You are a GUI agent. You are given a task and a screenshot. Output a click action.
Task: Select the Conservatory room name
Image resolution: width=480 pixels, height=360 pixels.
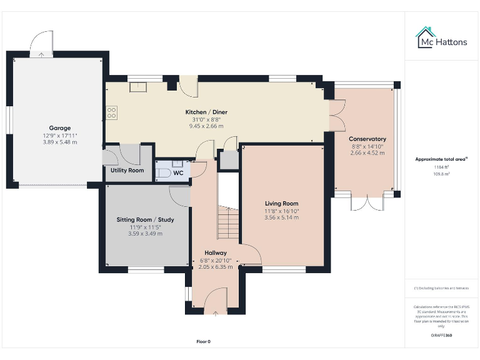(x=367, y=139)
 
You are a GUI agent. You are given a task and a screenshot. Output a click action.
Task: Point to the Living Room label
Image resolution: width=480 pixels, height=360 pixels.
(x=281, y=203)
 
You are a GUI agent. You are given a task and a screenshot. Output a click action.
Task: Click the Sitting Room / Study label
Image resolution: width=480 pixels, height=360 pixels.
(x=145, y=220)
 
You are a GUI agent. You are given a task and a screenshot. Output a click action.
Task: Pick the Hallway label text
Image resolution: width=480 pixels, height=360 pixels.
(x=215, y=253)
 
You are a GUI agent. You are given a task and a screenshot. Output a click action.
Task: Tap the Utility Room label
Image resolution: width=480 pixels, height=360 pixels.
(x=127, y=170)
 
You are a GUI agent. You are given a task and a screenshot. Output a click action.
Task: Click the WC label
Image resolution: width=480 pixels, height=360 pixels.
(x=178, y=172)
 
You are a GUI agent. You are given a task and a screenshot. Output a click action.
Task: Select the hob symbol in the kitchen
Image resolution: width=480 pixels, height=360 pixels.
(x=112, y=112)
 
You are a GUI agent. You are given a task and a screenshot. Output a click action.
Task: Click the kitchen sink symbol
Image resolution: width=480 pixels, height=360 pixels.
(x=137, y=87)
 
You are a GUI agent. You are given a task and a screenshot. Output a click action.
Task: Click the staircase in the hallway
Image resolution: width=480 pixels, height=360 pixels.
(x=229, y=222)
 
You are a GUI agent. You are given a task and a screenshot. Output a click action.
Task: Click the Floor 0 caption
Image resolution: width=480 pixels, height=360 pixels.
(x=203, y=341)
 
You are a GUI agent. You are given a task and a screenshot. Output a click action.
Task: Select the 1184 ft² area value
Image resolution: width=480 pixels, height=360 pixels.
(x=441, y=167)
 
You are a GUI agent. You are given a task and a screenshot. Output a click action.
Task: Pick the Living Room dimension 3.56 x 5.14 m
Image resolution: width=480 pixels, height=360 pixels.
(x=281, y=217)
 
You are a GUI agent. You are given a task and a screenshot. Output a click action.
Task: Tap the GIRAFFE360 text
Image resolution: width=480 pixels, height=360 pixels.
(x=441, y=336)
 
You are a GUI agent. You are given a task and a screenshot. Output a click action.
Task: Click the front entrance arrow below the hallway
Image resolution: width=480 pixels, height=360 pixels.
(x=215, y=312)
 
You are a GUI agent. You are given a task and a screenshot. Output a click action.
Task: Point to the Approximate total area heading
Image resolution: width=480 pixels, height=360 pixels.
(x=441, y=159)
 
